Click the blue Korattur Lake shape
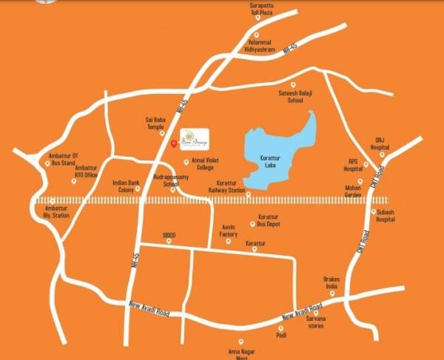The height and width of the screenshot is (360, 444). tap(277, 152)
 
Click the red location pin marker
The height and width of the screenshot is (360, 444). tap(173, 143)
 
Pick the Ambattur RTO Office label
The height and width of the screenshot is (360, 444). tap(87, 171)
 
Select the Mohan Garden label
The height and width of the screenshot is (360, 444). tap(360, 191)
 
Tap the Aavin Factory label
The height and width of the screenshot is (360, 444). tap(228, 230)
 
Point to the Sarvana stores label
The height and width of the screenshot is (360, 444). tap(317, 322)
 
